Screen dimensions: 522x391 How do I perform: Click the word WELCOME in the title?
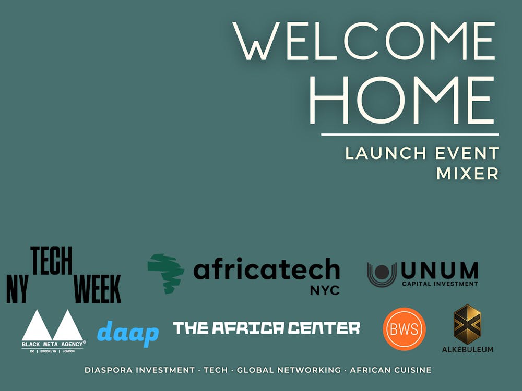pos(364,41)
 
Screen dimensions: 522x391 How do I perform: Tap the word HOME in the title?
pos(402,100)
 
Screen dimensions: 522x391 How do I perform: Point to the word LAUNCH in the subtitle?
pos(386,153)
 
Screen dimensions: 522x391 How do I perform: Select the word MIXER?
pos(467,173)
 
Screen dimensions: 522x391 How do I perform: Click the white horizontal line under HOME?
pos(410,135)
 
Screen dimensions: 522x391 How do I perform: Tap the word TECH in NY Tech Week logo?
pos(52,261)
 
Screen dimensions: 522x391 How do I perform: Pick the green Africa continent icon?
pos(166,273)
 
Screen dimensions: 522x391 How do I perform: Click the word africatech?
pos(267,270)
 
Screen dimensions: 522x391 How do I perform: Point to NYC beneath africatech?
pos(325,290)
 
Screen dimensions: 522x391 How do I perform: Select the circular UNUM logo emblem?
pos(382,274)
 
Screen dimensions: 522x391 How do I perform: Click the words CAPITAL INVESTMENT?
pos(440,284)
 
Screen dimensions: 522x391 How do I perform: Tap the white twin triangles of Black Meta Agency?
pos(52,325)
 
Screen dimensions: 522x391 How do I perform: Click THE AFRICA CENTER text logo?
pos(266,328)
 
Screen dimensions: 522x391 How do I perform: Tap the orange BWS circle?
pos(404,329)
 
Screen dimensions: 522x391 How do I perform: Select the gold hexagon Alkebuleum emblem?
pos(467,324)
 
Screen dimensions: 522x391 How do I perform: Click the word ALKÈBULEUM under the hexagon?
pos(468,349)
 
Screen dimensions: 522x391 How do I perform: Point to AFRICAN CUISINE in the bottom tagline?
pos(390,370)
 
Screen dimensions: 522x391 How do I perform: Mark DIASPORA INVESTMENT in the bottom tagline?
pos(139,370)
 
